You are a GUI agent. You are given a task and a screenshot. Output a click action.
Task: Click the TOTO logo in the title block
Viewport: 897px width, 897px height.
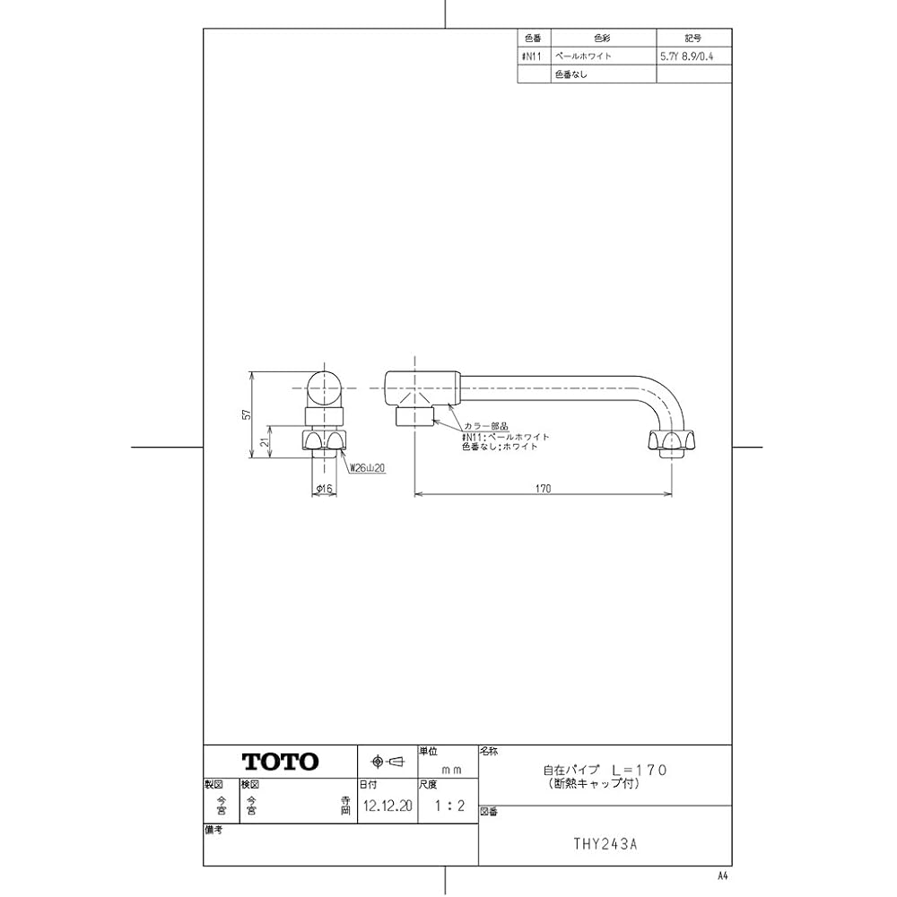pyautogui.click(x=280, y=762)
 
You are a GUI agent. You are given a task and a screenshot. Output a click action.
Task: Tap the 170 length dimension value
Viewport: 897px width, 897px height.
pyautogui.click(x=543, y=488)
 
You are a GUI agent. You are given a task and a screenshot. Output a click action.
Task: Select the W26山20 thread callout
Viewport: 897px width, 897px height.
pyautogui.click(x=367, y=467)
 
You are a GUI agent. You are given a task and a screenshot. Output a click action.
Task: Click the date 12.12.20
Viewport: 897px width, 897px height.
pyautogui.click(x=388, y=806)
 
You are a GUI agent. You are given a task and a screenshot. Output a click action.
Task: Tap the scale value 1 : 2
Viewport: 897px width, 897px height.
pyautogui.click(x=448, y=806)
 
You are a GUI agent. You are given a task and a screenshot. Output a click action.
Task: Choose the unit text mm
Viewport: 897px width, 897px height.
pyautogui.click(x=450, y=771)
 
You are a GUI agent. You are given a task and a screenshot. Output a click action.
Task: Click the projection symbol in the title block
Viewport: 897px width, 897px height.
pyautogui.click(x=388, y=762)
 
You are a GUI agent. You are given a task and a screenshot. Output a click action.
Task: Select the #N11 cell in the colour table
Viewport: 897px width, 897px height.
pyautogui.click(x=533, y=56)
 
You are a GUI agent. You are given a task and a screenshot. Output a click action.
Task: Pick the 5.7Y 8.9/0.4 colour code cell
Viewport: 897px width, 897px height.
pyautogui.click(x=692, y=56)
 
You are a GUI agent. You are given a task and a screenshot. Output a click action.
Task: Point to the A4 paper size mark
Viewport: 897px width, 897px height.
pyautogui.click(x=723, y=875)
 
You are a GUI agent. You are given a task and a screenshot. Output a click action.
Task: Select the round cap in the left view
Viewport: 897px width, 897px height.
pyautogui.click(x=324, y=387)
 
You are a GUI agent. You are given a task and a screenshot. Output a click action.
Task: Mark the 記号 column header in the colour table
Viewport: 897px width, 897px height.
pyautogui.click(x=692, y=39)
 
